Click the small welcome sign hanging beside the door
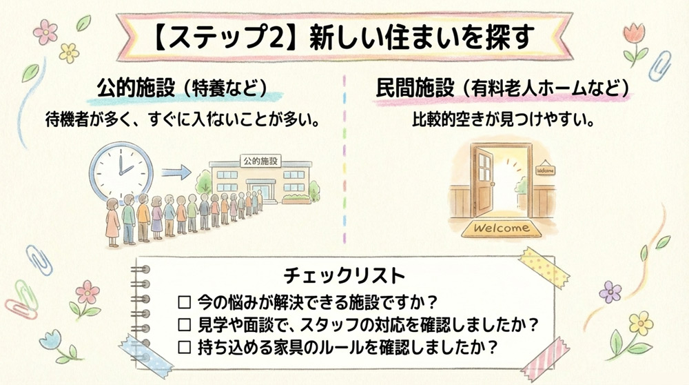pyautogui.click(x=545, y=170)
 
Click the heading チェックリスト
pyautogui.click(x=344, y=276)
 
